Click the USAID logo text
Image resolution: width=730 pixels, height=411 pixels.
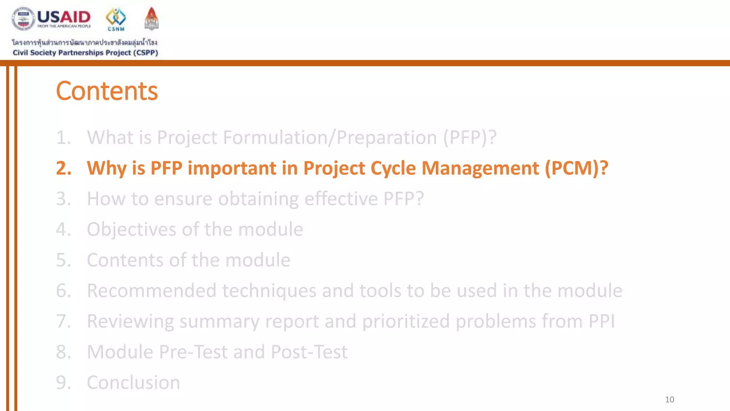pos(64,17)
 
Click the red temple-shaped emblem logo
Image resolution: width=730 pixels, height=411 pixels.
pos(151,19)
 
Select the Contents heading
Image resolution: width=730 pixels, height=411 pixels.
pos(107,91)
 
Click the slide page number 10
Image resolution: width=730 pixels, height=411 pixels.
pos(669,400)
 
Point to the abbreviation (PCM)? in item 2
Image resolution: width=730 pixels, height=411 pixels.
pos(576,168)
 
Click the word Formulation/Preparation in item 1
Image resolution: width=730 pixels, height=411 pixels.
pos(330,137)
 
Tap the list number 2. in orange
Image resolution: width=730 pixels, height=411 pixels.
pos(64,168)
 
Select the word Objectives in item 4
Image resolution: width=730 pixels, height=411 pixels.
pos(132,229)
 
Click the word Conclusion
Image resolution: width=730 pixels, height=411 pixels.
pos(133,382)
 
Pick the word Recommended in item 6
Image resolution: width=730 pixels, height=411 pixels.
pos(151,290)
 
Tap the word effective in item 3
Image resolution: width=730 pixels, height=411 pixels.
pos(341,199)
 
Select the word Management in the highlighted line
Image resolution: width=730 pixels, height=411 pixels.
pos(480,168)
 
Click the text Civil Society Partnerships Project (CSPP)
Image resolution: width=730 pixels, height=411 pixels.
pos(85,53)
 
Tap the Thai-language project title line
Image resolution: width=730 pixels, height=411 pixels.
pos(84,42)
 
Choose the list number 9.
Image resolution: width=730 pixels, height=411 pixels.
pos(64,382)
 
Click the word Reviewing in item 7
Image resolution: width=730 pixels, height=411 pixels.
pos(130,321)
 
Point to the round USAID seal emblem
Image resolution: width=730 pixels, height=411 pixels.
pos(23,19)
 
